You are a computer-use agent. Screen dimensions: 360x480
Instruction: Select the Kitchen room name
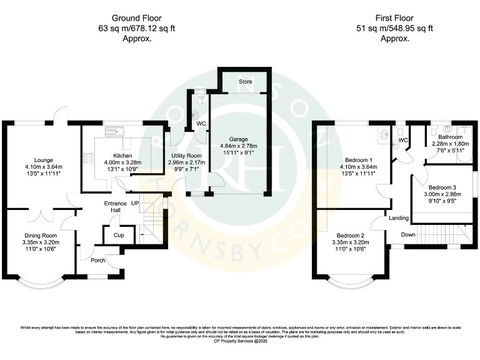click(122, 156)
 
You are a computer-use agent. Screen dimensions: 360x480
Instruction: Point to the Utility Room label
click(185, 156)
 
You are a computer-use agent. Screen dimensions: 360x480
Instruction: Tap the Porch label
click(97, 261)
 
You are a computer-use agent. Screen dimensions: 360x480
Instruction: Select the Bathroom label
click(450, 137)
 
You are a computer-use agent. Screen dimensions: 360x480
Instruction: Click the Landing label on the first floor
click(398, 218)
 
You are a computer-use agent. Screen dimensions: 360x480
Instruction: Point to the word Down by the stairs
click(407, 235)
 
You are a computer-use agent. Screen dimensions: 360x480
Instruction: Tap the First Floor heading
click(395, 17)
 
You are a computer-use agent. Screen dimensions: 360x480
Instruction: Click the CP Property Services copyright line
click(240, 341)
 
